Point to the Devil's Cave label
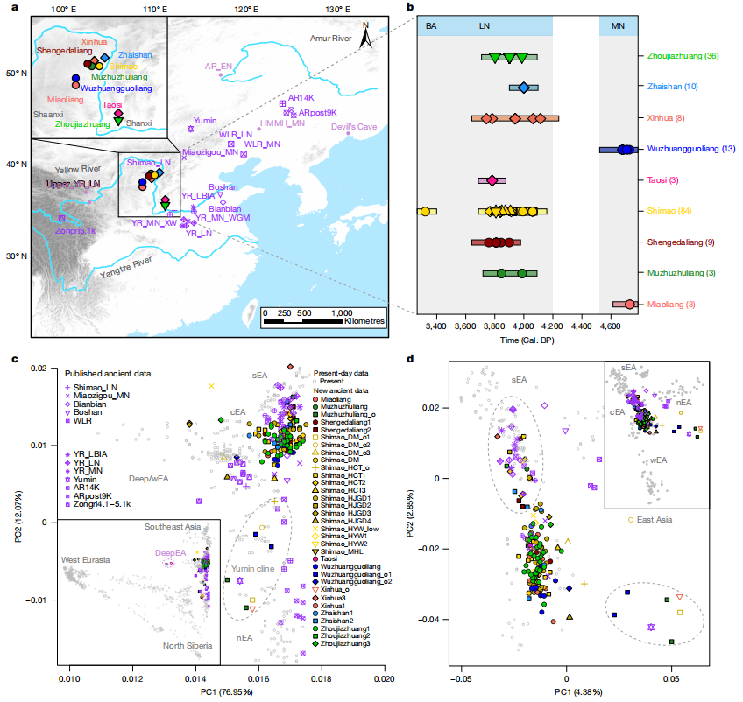click(x=353, y=127)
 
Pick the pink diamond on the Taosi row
click(x=492, y=180)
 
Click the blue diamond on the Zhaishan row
click(x=524, y=88)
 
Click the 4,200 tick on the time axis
click(x=553, y=326)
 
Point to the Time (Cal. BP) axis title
click(x=524, y=338)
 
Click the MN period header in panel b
click(x=617, y=26)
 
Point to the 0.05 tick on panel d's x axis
click(x=671, y=677)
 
